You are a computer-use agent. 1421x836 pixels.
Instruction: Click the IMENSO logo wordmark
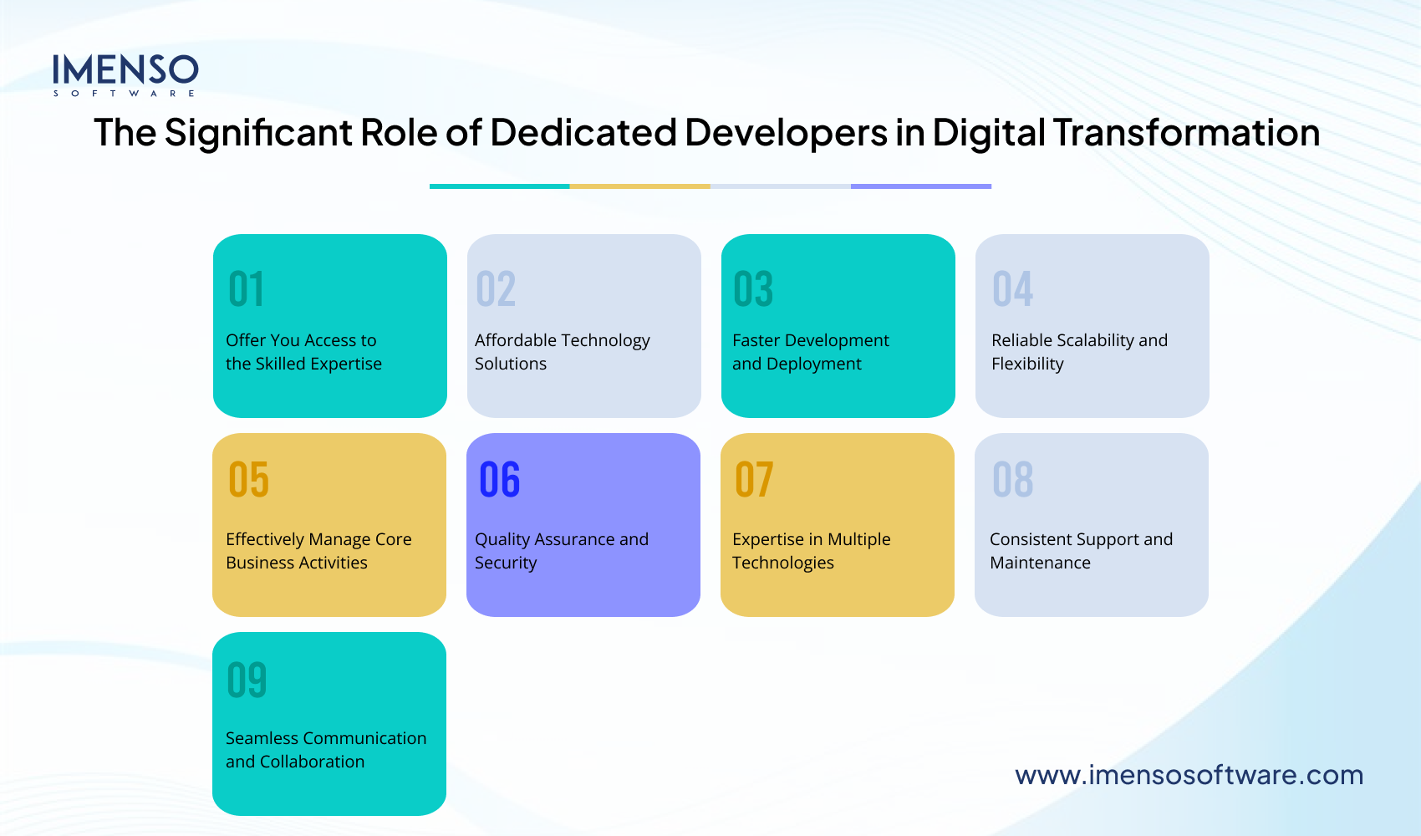pyautogui.click(x=125, y=70)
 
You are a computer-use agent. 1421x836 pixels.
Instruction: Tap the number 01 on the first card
pyautogui.click(x=246, y=289)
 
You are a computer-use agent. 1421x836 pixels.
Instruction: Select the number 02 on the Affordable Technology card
pyautogui.click(x=496, y=289)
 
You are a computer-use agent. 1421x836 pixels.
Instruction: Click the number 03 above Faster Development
pyautogui.click(x=753, y=289)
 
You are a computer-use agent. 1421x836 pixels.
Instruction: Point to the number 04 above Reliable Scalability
pyautogui.click(x=1012, y=289)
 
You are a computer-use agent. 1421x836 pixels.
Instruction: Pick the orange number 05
pyautogui.click(x=248, y=480)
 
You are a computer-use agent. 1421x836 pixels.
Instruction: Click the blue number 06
pyautogui.click(x=500, y=480)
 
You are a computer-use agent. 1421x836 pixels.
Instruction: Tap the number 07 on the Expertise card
pyautogui.click(x=754, y=480)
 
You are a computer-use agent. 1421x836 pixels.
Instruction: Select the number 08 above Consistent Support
pyautogui.click(x=1012, y=480)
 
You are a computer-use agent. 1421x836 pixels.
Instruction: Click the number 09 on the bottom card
pyautogui.click(x=247, y=680)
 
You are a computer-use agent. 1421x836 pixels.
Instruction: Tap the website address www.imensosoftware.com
pyautogui.click(x=1189, y=775)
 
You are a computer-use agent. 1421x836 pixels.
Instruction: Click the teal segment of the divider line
pyautogui.click(x=499, y=186)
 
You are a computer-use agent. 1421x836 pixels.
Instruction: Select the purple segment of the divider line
pyautogui.click(x=921, y=186)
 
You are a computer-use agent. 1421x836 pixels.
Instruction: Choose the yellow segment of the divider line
pyautogui.click(x=639, y=186)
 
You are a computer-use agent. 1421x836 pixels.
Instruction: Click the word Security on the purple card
pyautogui.click(x=506, y=563)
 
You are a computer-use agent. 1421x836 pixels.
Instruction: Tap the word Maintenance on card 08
pyautogui.click(x=1040, y=563)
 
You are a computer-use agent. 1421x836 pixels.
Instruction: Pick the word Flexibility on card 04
pyautogui.click(x=1027, y=364)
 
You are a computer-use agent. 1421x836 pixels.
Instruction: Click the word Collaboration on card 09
pyautogui.click(x=312, y=762)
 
